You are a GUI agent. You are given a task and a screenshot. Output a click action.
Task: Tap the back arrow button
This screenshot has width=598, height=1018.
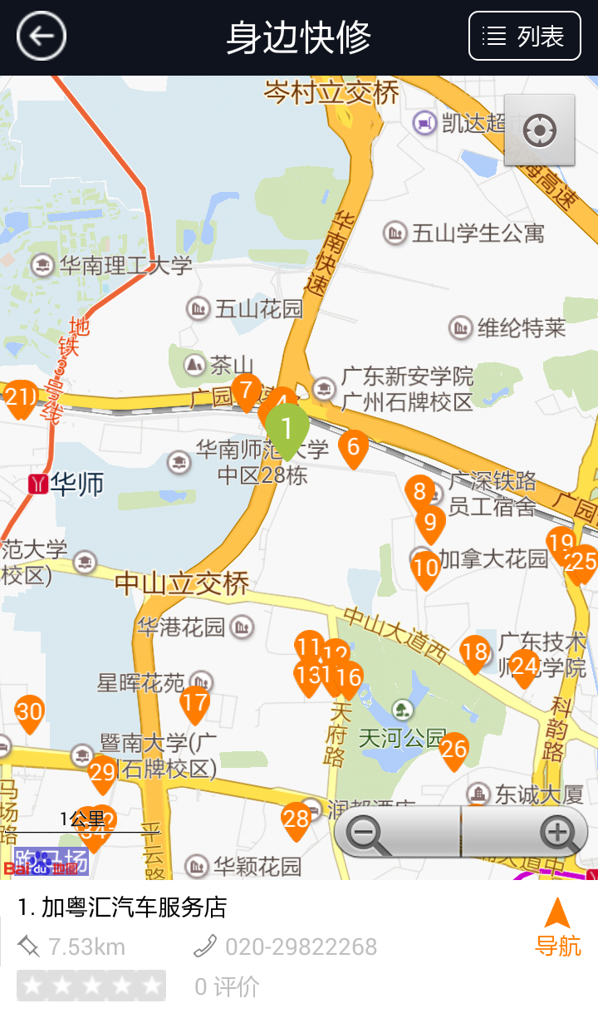(41, 37)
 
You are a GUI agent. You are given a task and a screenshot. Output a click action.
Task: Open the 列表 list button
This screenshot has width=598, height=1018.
(524, 37)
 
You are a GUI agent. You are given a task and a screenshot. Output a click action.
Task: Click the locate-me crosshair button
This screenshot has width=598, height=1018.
(539, 130)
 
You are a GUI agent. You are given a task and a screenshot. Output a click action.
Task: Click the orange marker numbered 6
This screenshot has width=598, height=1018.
(353, 448)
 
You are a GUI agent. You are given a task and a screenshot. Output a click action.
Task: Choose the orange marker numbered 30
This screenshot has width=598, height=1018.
(29, 713)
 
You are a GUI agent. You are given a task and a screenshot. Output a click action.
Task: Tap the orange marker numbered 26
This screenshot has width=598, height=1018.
(453, 750)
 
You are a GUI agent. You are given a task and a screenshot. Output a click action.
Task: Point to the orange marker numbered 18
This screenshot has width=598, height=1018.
(474, 652)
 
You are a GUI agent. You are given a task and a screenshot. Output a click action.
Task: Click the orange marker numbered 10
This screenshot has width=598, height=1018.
(425, 569)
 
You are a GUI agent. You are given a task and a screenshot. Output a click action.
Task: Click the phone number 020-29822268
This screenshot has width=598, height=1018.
(301, 947)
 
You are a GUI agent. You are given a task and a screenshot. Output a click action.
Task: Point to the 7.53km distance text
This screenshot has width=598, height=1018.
(86, 947)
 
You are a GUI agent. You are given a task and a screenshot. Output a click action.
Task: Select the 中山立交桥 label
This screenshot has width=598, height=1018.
(182, 583)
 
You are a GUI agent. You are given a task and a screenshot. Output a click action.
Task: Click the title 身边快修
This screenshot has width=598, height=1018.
(298, 37)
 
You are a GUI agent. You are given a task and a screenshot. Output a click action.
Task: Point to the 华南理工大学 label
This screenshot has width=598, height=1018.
(125, 266)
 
